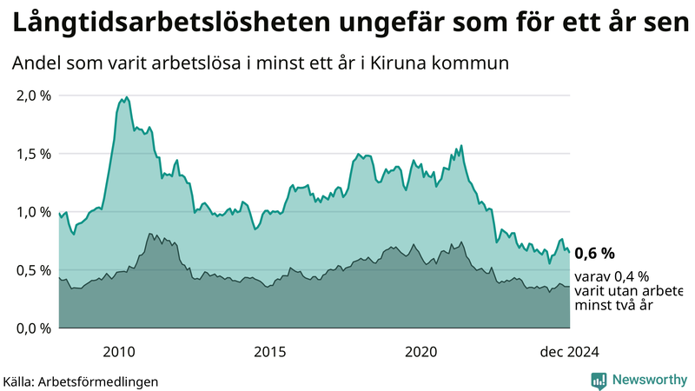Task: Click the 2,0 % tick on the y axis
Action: pyautogui.click(x=34, y=95)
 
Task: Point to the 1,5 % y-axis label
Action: pyautogui.click(x=34, y=153)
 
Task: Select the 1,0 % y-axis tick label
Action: pyautogui.click(x=34, y=211)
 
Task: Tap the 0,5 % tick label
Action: pyautogui.click(x=34, y=269)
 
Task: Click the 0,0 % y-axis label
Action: pyautogui.click(x=34, y=328)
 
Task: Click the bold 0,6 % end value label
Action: pyautogui.click(x=595, y=253)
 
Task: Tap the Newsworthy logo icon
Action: pyautogui.click(x=599, y=380)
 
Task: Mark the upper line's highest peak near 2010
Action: pyautogui.click(x=127, y=97)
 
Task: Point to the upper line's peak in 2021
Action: pyautogui.click(x=461, y=145)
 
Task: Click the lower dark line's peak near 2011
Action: pyautogui.click(x=150, y=234)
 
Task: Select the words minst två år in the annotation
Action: pyautogui.click(x=614, y=305)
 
